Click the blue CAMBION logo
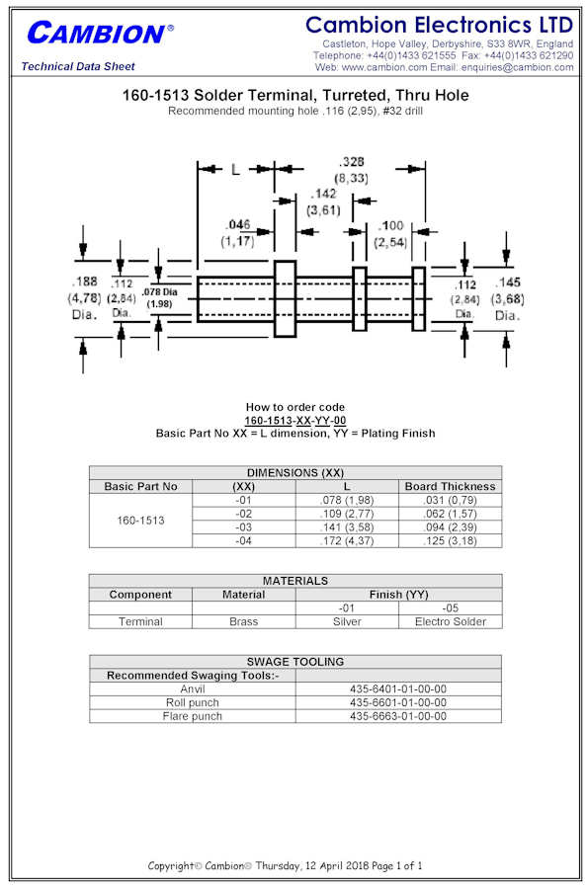[100, 34]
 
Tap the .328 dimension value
[352, 162]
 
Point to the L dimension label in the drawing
[235, 169]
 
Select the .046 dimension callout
[238, 224]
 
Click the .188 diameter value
[84, 282]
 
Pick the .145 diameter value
[508, 282]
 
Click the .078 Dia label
[159, 292]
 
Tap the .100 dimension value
[391, 225]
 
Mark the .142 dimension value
[324, 194]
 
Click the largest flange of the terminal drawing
[286, 298]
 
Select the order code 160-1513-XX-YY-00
[294, 420]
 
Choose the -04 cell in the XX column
[244, 541]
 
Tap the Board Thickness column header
[451, 486]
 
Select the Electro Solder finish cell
[451, 621]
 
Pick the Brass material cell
[244, 621]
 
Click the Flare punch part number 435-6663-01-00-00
[398, 716]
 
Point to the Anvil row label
[193, 688]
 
